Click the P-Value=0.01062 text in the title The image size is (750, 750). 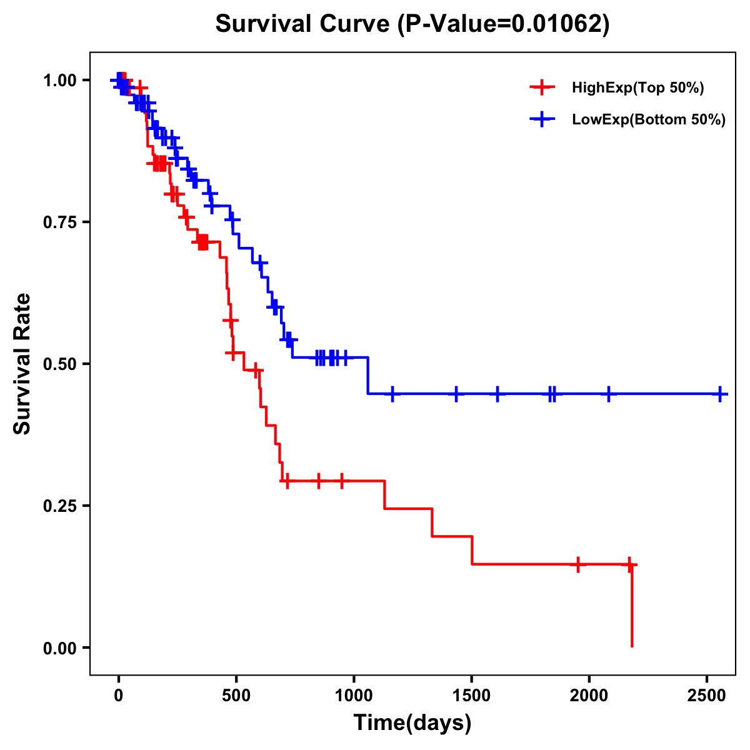[504, 24]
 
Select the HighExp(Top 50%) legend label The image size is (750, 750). [637, 88]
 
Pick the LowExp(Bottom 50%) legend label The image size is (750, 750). [649, 120]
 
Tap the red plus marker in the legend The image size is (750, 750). [542, 87]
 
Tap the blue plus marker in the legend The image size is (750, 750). [542, 119]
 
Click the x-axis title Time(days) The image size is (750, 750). [412, 723]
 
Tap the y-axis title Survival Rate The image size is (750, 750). [22, 364]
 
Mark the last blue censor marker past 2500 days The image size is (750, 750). [720, 394]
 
